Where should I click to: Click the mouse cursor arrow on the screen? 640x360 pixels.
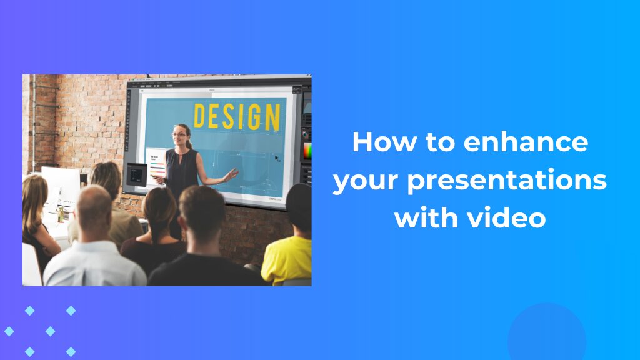coord(277,157)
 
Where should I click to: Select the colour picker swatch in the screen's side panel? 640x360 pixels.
coord(307,151)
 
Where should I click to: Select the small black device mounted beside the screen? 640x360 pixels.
coord(136,174)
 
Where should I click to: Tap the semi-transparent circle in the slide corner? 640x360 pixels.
coord(546,334)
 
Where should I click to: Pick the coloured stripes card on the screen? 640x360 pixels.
coord(156,164)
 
